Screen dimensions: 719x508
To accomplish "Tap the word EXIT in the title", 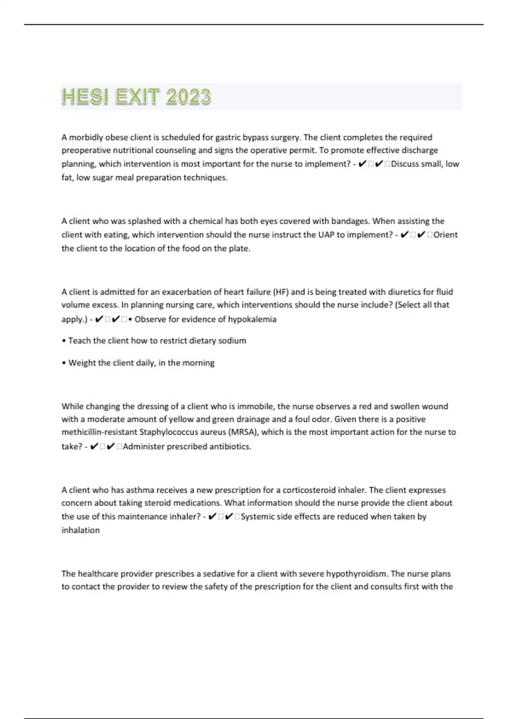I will pyautogui.click(x=136, y=96).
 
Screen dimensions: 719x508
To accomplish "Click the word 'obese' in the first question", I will pyautogui.click(x=116, y=137).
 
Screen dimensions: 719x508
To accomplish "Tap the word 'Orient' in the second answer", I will pyautogui.click(x=445, y=235).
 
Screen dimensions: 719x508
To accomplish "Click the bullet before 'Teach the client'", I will pyautogui.click(x=64, y=341).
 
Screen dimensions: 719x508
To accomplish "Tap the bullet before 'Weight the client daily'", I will pyautogui.click(x=64, y=363).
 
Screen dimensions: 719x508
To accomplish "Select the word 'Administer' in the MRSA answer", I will pyautogui.click(x=144, y=447).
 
